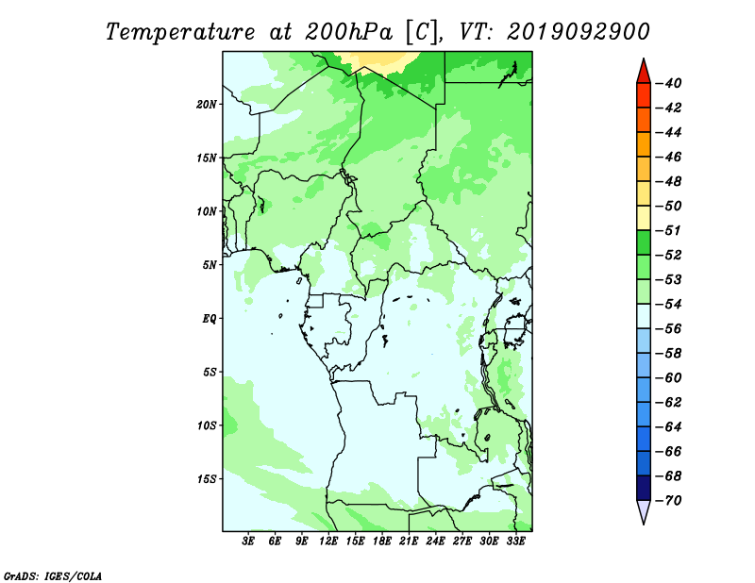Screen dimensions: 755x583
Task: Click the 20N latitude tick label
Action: click(x=207, y=105)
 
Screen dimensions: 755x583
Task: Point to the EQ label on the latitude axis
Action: click(x=209, y=319)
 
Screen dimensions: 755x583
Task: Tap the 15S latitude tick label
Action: click(x=207, y=479)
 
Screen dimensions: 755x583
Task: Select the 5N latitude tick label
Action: click(x=210, y=265)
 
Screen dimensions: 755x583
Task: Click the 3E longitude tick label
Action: click(x=248, y=541)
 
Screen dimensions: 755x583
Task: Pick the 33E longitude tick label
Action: click(x=515, y=541)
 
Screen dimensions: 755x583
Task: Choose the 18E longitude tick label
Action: click(x=382, y=541)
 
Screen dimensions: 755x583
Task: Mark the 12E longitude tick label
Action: click(x=328, y=541)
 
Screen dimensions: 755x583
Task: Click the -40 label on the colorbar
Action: click(x=669, y=83)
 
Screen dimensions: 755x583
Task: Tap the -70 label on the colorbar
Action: click(x=669, y=501)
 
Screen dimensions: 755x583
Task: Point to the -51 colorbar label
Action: click(x=669, y=230)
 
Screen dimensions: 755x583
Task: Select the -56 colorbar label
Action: click(x=669, y=329)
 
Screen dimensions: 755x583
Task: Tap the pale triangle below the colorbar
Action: click(x=644, y=510)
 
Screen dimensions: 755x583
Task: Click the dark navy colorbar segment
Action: click(x=644, y=488)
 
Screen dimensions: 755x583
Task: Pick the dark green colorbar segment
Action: click(x=644, y=242)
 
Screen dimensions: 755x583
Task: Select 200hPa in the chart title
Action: click(x=348, y=33)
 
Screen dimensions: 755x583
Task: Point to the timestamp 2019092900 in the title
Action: click(x=578, y=32)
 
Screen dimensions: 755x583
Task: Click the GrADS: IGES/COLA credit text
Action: click(x=53, y=576)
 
